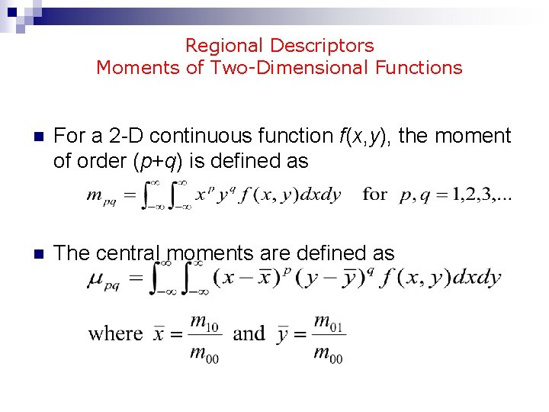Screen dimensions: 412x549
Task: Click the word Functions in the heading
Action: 419,68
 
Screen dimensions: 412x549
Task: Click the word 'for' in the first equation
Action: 375,194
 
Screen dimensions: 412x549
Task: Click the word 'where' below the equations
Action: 116,333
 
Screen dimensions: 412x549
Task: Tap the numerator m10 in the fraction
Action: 204,323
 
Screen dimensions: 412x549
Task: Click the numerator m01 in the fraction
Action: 329,323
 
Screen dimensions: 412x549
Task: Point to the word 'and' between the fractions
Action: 249,333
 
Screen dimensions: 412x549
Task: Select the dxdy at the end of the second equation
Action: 477,278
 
